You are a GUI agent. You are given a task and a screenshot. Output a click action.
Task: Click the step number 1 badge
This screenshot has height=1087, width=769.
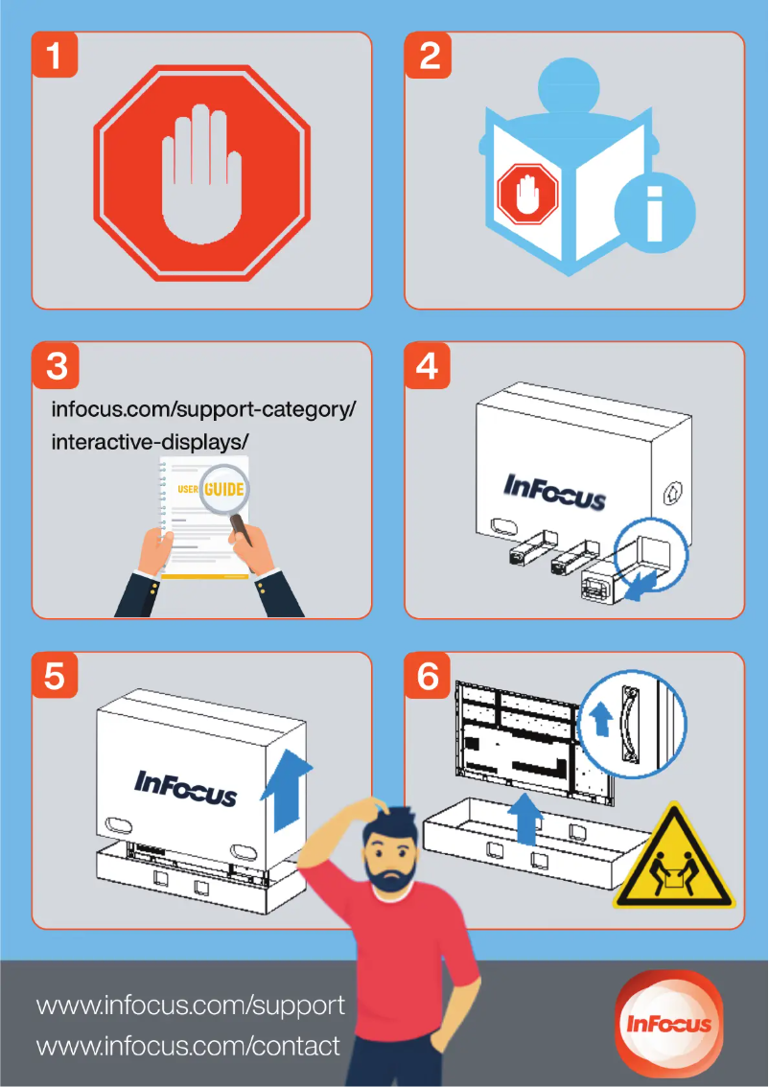click(54, 56)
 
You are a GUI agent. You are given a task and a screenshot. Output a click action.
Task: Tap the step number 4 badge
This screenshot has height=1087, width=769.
click(427, 365)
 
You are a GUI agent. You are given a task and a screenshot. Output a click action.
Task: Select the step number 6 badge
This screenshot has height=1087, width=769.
click(427, 676)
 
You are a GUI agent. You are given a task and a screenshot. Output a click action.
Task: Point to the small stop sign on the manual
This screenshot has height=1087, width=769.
click(527, 194)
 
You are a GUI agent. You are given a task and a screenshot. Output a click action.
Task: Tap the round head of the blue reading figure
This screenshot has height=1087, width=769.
click(569, 86)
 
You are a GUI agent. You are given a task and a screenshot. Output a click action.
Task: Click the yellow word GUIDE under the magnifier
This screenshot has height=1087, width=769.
click(224, 490)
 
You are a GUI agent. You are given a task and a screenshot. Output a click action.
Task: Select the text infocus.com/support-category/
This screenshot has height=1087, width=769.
click(204, 409)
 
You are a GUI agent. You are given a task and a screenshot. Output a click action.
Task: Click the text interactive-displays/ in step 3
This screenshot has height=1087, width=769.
click(150, 442)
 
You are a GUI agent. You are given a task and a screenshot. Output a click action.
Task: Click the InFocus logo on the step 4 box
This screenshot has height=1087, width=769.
click(555, 492)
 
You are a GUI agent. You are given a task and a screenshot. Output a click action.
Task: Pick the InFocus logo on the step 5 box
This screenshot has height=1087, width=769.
click(185, 788)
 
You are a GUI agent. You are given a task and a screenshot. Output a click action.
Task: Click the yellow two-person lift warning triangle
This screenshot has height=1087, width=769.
click(673, 856)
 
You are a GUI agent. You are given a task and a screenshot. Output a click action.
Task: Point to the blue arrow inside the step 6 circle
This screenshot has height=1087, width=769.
click(601, 720)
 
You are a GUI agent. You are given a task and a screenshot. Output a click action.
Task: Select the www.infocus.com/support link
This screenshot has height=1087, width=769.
click(191, 1006)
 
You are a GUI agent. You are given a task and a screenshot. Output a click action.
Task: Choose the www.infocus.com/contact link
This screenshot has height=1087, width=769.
click(188, 1046)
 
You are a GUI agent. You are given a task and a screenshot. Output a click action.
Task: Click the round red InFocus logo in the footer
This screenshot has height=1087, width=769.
click(669, 1024)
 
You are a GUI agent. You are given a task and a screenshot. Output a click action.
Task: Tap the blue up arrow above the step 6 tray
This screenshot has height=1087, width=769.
click(527, 819)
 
